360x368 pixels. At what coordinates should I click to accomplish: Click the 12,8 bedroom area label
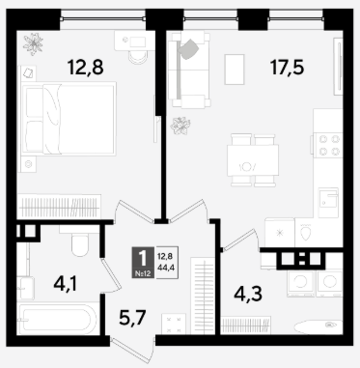85,68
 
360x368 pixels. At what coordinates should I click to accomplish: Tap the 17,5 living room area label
288,68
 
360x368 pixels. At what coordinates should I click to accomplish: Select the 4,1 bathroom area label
66,284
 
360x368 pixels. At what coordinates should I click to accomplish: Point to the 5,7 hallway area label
132,317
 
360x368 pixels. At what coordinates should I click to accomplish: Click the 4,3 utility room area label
248,294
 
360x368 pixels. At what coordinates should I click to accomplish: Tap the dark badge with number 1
143,263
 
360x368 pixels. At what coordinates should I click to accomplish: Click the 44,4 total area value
166,267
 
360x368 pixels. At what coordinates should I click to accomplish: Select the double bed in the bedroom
69,119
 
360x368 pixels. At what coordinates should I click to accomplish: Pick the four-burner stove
328,145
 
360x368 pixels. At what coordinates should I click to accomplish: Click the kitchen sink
328,199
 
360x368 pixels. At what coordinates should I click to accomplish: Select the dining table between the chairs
253,160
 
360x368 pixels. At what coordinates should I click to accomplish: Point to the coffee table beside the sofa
235,70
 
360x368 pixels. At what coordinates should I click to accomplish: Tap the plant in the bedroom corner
33,43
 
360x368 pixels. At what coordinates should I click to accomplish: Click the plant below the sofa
180,126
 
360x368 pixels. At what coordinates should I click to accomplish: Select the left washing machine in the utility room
301,283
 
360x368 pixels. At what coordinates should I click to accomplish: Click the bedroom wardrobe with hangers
59,207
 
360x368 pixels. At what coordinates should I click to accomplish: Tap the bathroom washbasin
25,288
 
